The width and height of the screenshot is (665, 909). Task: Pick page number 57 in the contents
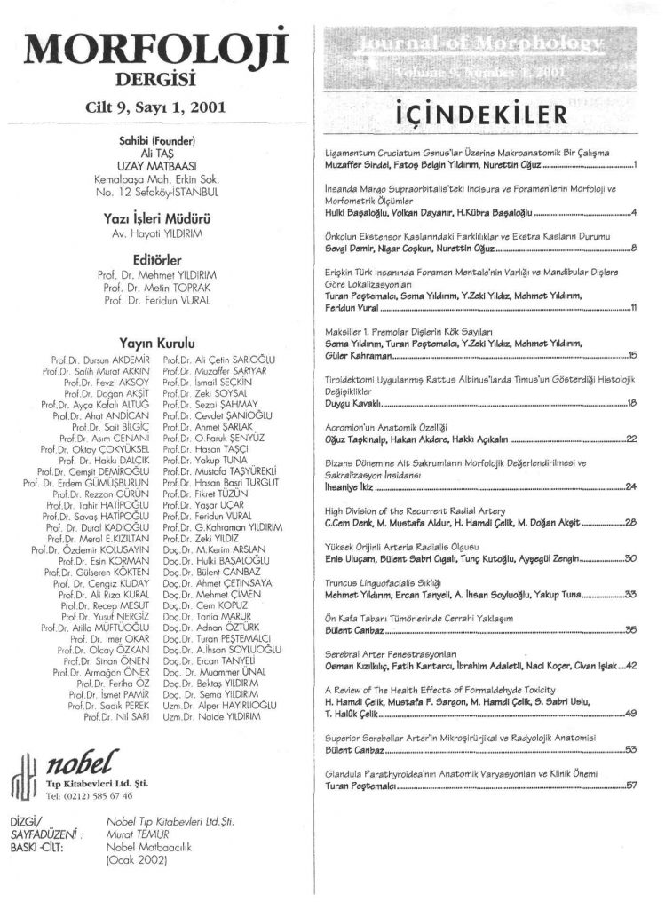pos(631,785)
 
